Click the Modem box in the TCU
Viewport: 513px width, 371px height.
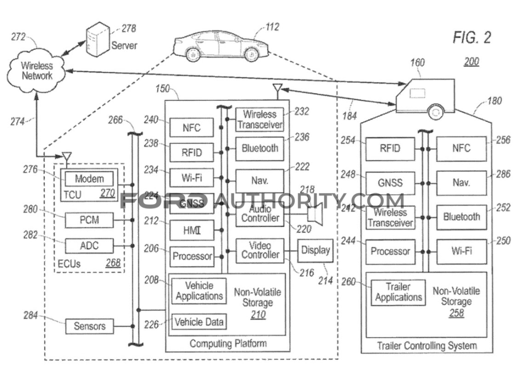point(89,178)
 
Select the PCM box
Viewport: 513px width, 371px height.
point(89,220)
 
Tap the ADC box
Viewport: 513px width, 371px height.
point(89,246)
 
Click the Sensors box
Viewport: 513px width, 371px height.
point(90,326)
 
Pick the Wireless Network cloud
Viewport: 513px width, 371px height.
point(37,71)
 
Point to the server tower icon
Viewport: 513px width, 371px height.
point(97,39)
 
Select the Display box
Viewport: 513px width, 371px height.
point(316,250)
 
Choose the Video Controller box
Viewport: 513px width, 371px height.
point(260,250)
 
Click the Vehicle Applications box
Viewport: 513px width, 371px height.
point(199,291)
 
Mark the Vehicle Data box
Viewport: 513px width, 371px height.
point(199,321)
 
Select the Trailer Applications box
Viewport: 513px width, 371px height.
point(398,292)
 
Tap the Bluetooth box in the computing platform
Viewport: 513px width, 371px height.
point(260,148)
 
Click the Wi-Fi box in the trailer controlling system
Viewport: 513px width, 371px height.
point(461,250)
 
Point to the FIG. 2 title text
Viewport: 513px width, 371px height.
point(471,38)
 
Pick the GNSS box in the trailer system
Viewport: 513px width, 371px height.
point(390,182)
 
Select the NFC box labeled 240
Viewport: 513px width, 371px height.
point(191,128)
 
